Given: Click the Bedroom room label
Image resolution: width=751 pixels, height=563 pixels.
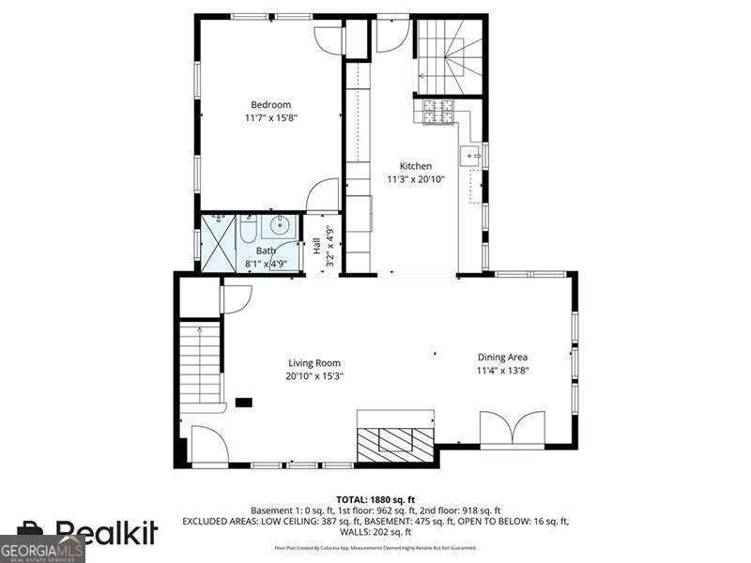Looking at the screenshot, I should coord(270,104).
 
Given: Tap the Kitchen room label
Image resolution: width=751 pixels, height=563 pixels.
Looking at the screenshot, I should coord(415,166).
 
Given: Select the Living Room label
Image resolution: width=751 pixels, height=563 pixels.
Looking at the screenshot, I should coord(314,363).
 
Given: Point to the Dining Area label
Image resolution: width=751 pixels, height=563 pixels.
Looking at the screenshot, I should coord(503,357).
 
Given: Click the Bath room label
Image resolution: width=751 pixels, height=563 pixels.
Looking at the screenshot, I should coord(267,251).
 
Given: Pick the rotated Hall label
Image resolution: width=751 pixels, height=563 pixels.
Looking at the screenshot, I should coord(317,246).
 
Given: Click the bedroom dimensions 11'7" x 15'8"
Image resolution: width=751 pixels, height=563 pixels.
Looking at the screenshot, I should coord(270,118).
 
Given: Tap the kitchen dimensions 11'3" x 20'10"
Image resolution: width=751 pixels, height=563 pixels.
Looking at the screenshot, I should coord(415,179).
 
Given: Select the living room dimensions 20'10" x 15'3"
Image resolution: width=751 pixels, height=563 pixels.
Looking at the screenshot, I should coord(314,376).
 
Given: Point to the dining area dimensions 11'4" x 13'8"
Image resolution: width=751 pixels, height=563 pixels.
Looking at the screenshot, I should coord(503,370).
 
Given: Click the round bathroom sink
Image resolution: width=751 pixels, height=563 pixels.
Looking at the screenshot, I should coord(281,226).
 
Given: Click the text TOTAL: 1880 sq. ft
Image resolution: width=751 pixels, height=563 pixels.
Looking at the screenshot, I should coord(375,499).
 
